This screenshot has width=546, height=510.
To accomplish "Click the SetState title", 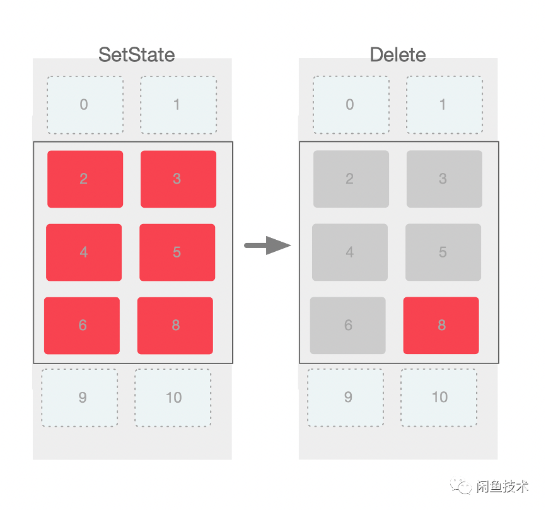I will point(136,55).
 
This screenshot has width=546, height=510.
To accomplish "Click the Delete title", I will point(398,55).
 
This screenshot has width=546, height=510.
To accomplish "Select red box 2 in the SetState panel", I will point(85,179).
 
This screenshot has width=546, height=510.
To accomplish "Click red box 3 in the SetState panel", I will point(178,179).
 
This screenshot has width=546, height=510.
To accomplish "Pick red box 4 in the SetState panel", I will point(84,252).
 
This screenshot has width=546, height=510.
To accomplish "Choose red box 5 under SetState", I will point(177,252).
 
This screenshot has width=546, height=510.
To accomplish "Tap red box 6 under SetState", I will point(82,326).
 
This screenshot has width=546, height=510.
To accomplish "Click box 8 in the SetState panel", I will point(175,326).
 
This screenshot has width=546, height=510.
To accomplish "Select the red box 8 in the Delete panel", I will point(441,326).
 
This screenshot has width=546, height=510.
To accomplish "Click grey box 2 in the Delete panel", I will point(351,179).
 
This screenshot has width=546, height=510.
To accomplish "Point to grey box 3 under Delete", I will point(444,179).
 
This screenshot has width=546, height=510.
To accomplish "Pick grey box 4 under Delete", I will point(350,252).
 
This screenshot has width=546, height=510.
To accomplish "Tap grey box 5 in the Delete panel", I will point(443,252).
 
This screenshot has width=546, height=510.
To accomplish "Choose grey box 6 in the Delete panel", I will point(348,326).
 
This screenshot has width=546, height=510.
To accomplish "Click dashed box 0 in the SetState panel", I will point(85,105).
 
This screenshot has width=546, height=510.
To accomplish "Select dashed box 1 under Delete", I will point(444,105).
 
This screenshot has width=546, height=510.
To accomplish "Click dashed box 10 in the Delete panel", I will point(439,398).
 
